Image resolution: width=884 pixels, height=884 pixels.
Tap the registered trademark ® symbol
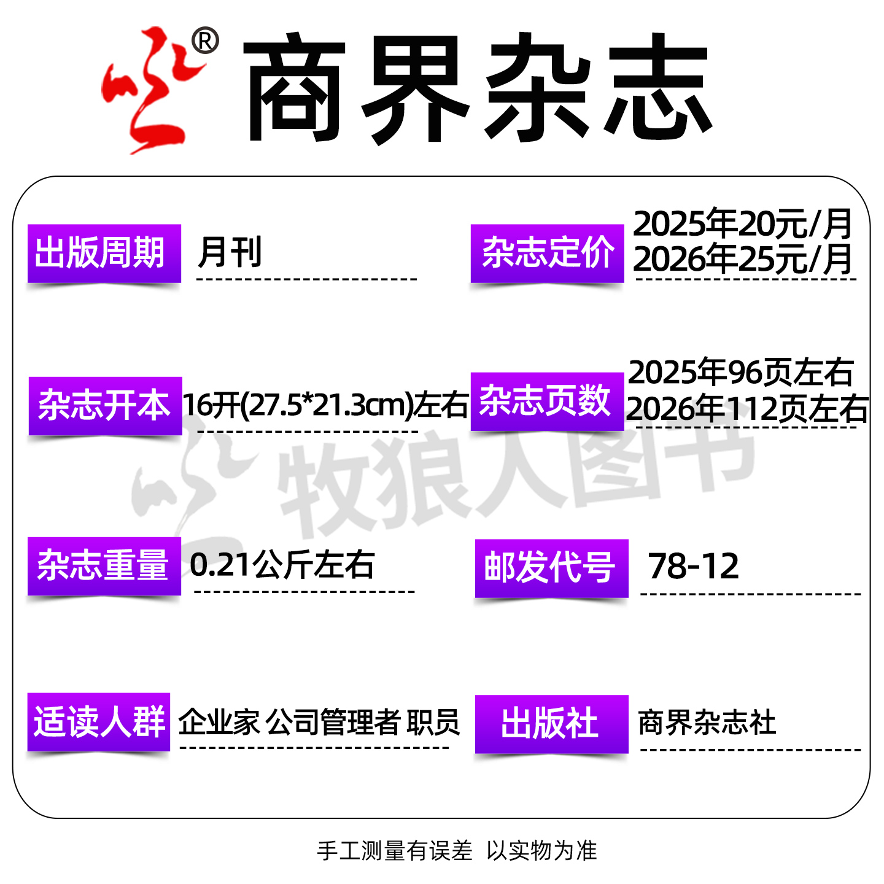pyautogui.click(x=205, y=42)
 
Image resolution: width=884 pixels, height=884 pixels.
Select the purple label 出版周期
pyautogui.click(x=104, y=253)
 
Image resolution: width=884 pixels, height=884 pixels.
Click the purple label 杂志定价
pyautogui.click(x=547, y=253)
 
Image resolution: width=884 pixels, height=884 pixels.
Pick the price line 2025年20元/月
pyautogui.click(x=743, y=224)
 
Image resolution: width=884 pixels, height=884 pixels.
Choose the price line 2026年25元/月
pyautogui.click(x=743, y=260)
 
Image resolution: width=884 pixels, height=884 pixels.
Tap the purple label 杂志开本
pyautogui.click(x=105, y=406)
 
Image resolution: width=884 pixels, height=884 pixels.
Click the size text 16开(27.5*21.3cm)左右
pyautogui.click(x=325, y=405)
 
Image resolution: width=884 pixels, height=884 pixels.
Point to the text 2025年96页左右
pyautogui.click(x=741, y=372)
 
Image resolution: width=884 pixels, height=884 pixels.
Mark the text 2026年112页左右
pyautogui.click(x=746, y=409)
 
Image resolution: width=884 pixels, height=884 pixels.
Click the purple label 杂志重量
pyautogui.click(x=104, y=565)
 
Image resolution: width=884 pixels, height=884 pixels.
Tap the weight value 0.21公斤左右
pyautogui.click(x=282, y=565)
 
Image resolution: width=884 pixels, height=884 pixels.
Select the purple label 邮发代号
pyautogui.click(x=551, y=568)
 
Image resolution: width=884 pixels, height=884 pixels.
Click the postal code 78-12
pyautogui.click(x=694, y=566)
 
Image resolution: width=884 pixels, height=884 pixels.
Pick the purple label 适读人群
pyautogui.click(x=99, y=722)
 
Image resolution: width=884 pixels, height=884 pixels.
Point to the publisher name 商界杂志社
pyautogui.click(x=707, y=723)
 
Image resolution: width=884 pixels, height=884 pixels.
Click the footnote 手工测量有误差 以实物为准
pyautogui.click(x=457, y=851)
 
